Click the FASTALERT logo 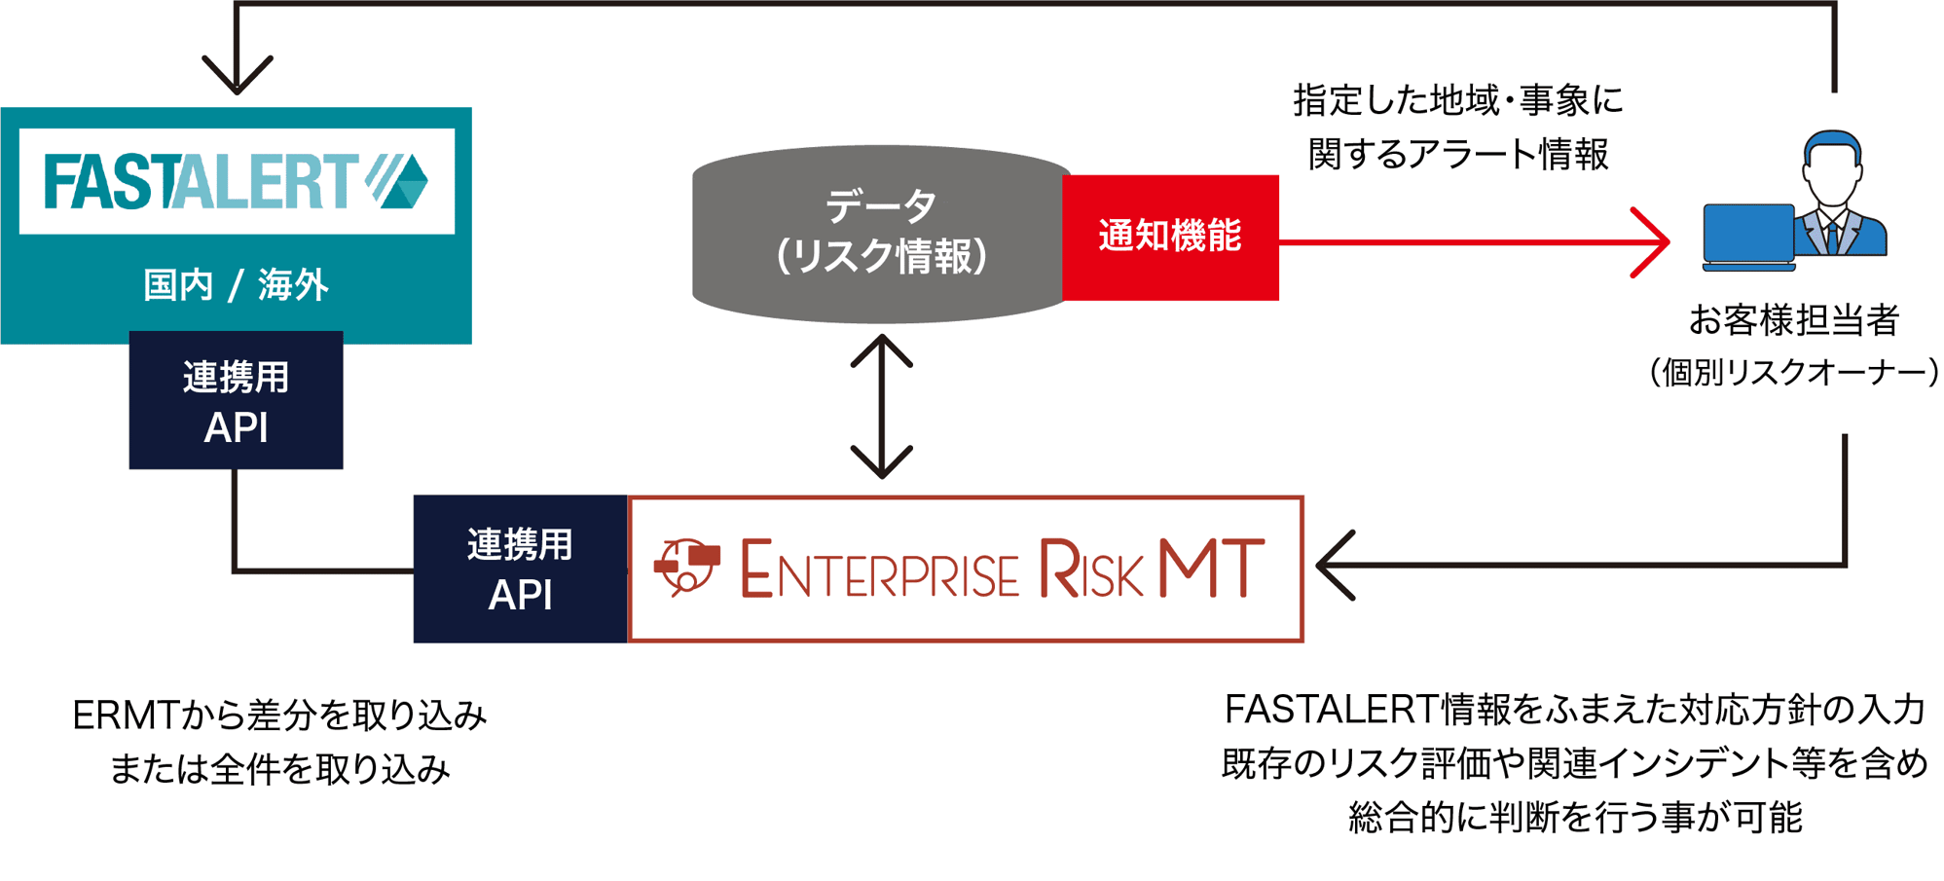coord(237,181)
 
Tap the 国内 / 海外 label coord(236,285)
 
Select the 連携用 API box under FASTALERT coord(236,401)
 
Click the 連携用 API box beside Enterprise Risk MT coord(520,569)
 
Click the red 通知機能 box coord(1170,237)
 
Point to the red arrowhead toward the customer coord(1653,241)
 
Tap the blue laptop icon coord(1748,235)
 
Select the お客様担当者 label coord(1793,320)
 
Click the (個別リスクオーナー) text coord(1793,372)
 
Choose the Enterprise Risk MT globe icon coord(687,567)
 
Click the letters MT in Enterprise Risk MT coord(1211,569)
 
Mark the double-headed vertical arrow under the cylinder coord(881,406)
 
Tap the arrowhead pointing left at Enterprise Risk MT coord(1334,565)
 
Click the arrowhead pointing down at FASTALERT coord(237,76)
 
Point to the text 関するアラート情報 coord(1457,154)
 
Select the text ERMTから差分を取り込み coord(279,716)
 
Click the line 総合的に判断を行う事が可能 coord(1574,817)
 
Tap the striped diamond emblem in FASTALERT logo coord(399,180)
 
